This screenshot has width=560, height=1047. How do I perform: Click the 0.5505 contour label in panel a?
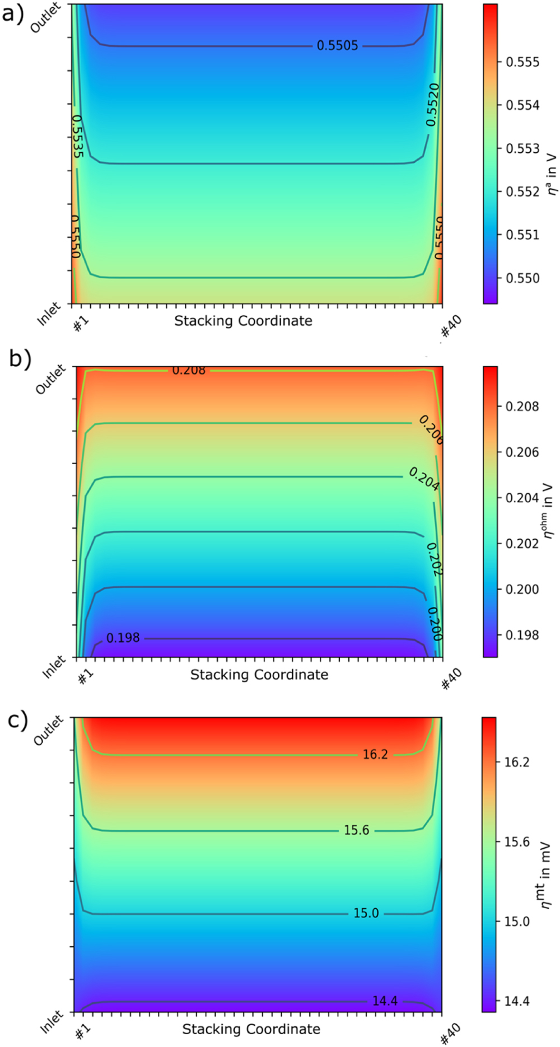337,46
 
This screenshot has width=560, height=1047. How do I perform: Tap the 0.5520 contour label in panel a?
432,105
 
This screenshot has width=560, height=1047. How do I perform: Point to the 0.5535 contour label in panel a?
78,136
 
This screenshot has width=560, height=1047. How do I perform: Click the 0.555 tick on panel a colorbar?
522,62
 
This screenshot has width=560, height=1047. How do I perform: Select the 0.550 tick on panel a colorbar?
522,278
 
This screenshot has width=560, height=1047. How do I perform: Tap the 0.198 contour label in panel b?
123,638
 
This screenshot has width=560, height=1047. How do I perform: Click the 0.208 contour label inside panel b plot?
189,371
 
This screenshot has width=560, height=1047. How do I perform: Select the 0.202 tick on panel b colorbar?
522,544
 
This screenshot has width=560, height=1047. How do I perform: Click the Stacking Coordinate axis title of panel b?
259,675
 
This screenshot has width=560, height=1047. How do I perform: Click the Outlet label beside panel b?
50,379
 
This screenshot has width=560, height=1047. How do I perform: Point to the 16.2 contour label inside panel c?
375,755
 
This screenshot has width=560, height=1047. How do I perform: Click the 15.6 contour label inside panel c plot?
356,830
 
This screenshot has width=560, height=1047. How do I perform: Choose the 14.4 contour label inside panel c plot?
385,1001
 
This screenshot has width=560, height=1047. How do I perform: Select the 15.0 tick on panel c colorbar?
516,922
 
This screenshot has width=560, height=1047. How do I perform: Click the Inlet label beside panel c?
52,1022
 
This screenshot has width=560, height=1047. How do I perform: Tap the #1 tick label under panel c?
83,1032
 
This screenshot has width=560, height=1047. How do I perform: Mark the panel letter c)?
17,721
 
